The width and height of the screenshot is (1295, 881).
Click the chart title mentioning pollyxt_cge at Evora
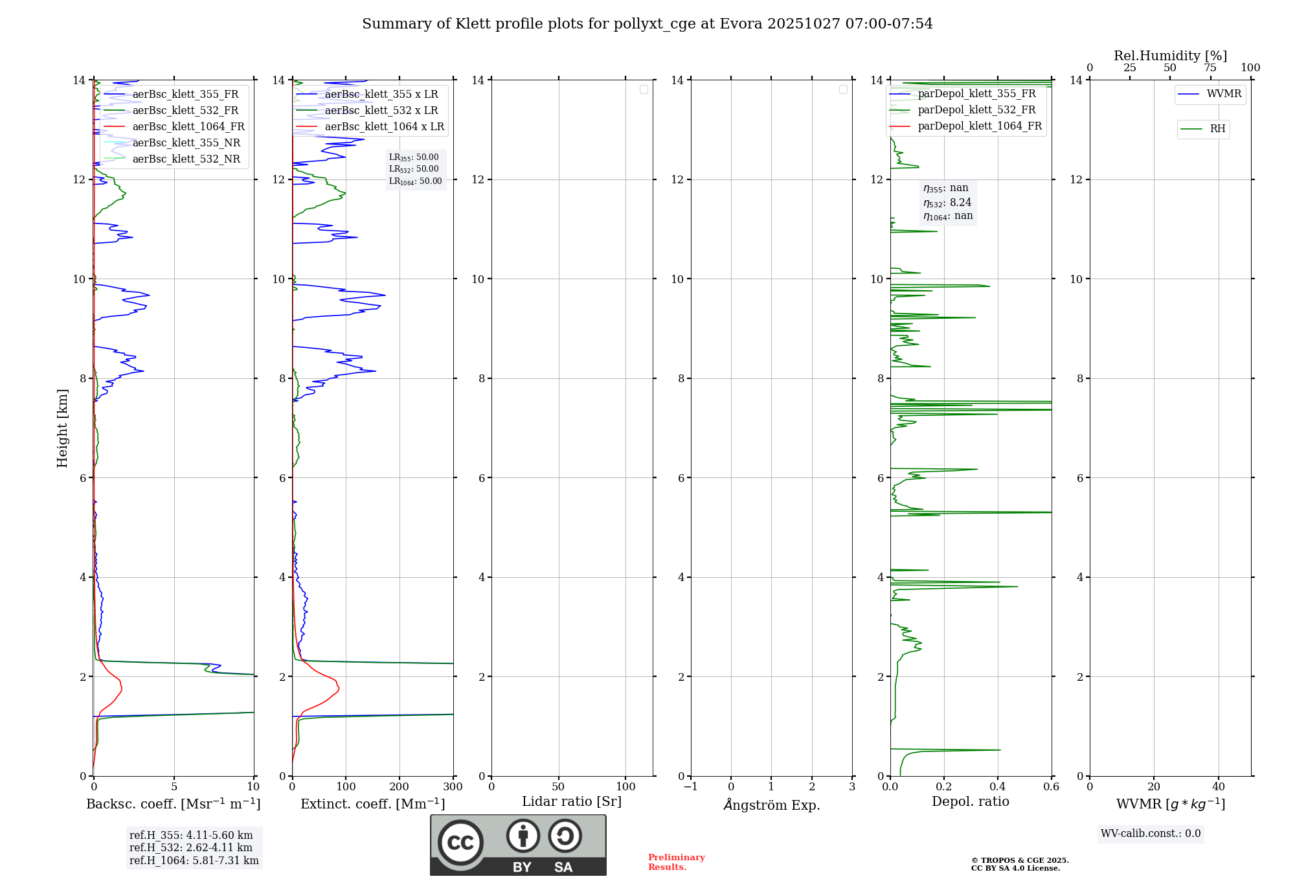coord(647,24)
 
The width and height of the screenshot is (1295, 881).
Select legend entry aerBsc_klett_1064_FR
coord(188,127)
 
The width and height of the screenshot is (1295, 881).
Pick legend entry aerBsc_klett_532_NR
coord(186,159)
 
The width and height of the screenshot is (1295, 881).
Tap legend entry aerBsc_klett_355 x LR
coord(381,95)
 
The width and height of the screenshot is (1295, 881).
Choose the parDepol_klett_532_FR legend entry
coord(976,110)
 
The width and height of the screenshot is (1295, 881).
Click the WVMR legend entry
coord(1223,94)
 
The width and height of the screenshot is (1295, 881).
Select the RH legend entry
coord(1217,129)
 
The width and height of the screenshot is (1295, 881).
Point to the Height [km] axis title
coord(62,428)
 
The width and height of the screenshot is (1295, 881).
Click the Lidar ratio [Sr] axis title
coord(571,802)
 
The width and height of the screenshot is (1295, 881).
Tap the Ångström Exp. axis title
coord(771,805)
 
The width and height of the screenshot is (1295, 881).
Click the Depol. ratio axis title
coord(970,802)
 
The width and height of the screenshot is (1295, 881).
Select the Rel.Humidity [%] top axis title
coord(1170,56)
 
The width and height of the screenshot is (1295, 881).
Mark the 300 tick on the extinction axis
coord(453,787)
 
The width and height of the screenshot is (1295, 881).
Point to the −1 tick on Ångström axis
coord(691,787)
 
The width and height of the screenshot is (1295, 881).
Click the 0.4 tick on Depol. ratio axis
coord(997,787)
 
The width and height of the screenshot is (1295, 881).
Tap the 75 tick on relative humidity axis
coord(1210,68)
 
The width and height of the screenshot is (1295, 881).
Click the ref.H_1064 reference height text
coord(194,861)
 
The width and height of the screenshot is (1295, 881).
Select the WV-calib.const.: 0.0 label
coord(1150,834)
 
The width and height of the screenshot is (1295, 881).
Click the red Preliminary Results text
coord(676,862)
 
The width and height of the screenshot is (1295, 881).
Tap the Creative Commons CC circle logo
coord(460,843)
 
